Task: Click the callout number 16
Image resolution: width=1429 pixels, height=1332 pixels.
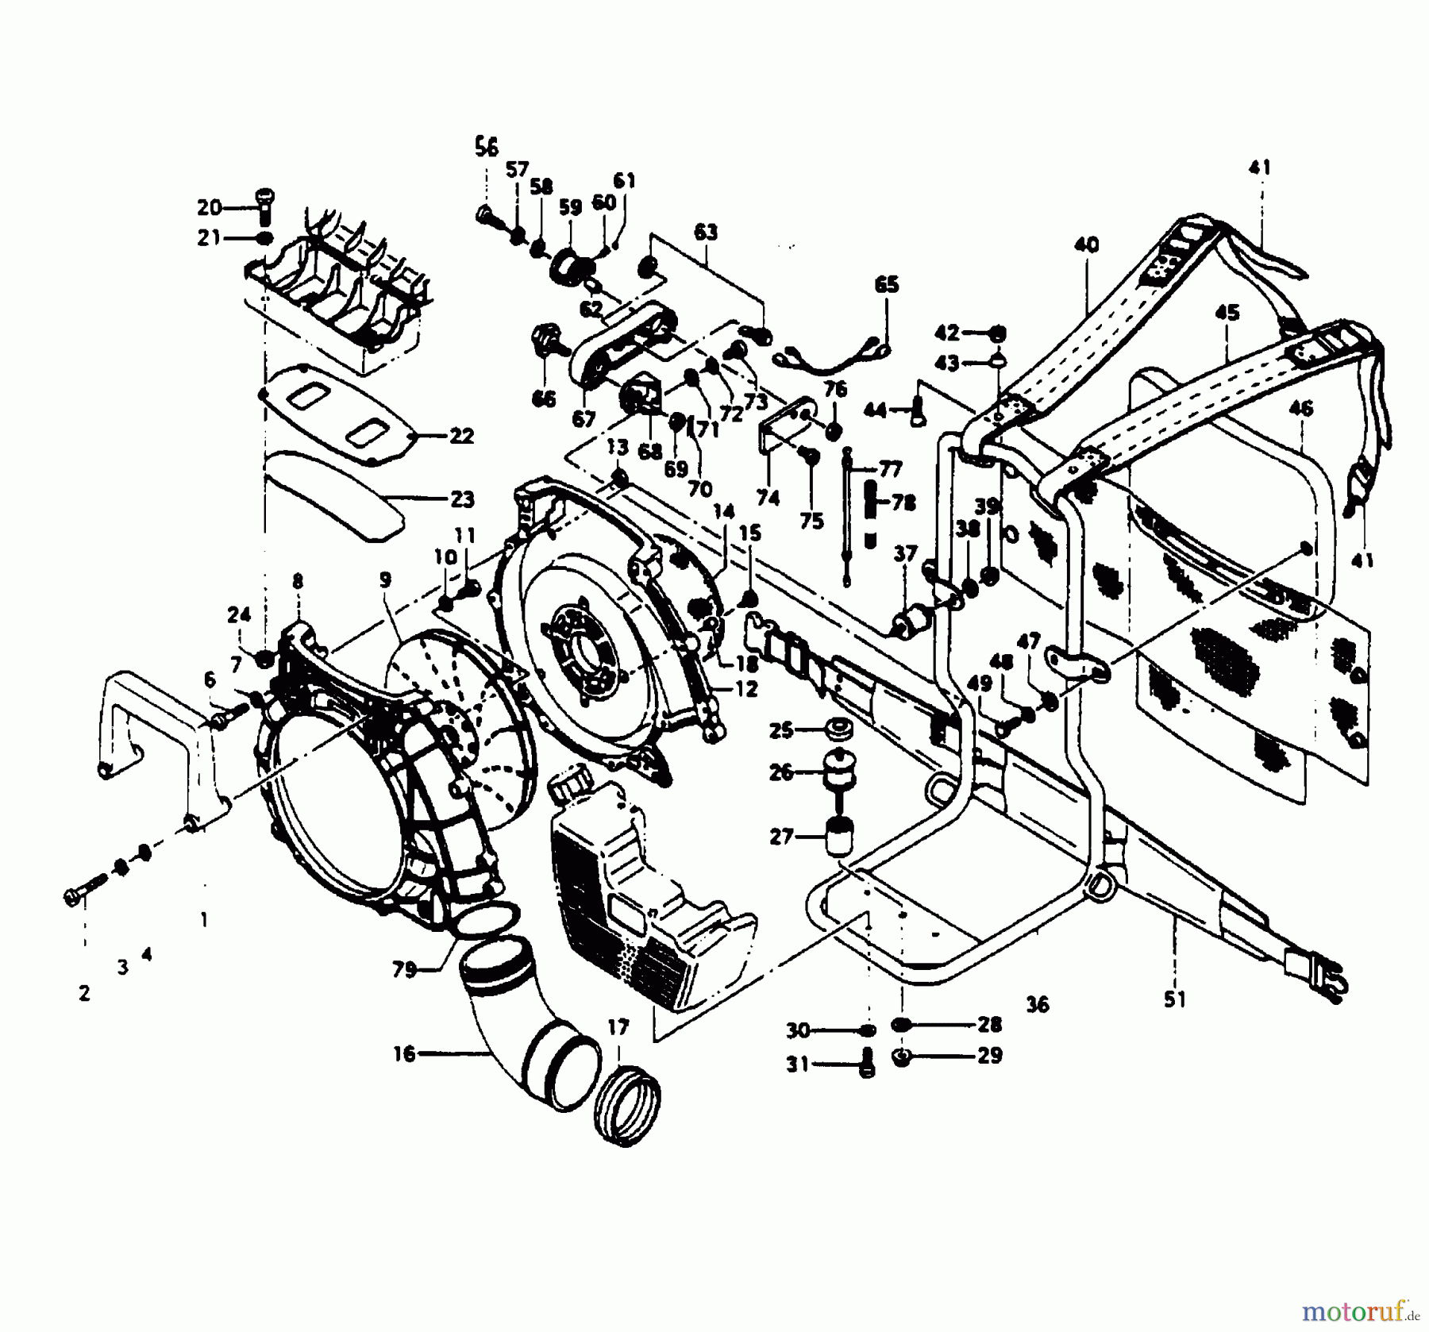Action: click(403, 1054)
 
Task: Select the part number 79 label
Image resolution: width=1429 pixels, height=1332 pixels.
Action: click(404, 970)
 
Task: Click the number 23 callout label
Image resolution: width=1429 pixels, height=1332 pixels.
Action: click(461, 499)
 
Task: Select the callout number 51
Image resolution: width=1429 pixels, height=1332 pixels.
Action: click(1174, 1000)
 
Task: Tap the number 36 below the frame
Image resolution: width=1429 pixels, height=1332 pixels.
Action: click(1037, 1005)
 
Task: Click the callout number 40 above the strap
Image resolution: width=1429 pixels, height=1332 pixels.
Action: click(1086, 244)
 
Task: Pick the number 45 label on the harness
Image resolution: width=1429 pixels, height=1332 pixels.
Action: click(1227, 313)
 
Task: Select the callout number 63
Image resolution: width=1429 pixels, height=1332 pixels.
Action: click(705, 232)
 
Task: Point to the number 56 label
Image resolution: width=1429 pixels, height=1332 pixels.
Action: click(486, 147)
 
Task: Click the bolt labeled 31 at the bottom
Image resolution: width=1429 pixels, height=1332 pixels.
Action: click(866, 1065)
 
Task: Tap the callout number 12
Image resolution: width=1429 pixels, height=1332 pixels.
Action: click(745, 689)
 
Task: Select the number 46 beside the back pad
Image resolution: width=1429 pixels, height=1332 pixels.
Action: click(1300, 409)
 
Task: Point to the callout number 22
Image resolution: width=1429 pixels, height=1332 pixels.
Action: click(461, 436)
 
